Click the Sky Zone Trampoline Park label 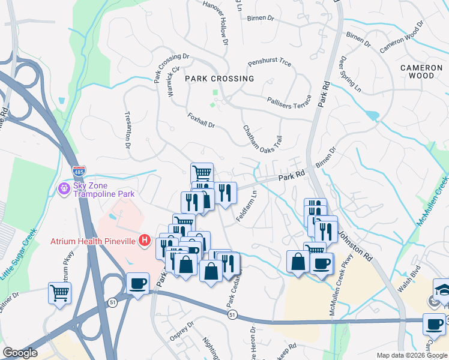click(104, 190)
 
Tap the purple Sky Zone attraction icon click(64, 189)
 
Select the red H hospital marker click(144, 241)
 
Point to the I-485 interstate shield click(79, 171)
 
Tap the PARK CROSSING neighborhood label click(219, 79)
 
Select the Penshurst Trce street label click(270, 63)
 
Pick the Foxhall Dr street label click(201, 120)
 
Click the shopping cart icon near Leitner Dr click(60, 293)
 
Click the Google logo click(20, 352)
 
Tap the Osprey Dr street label click(181, 331)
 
